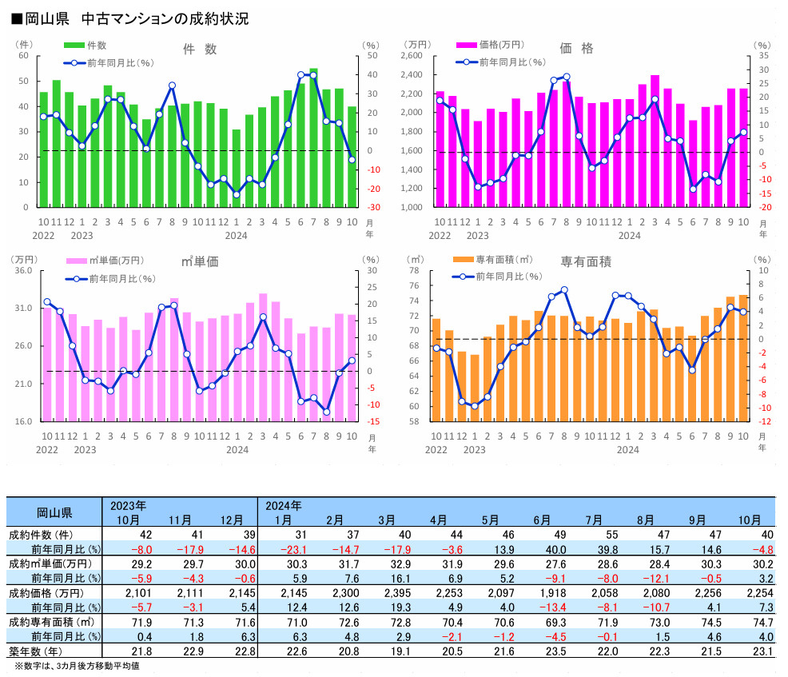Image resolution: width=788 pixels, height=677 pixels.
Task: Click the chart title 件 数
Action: coord(200,50)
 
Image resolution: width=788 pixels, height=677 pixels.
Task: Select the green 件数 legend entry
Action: coord(86,46)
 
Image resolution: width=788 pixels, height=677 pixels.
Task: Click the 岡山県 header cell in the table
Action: coord(54,512)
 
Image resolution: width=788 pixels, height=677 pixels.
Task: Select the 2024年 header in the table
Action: coord(284,506)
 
